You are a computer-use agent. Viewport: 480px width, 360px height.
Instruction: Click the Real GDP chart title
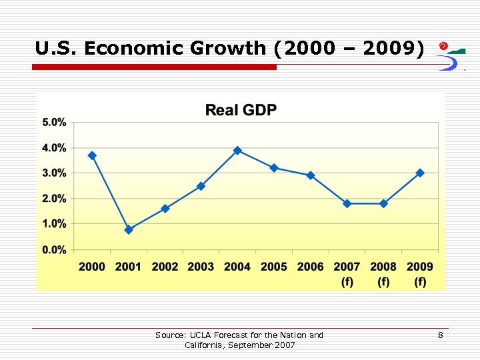tap(241, 110)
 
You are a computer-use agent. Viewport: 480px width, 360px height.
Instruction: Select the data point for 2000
tap(92, 155)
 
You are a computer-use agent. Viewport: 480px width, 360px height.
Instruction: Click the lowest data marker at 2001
tap(129, 229)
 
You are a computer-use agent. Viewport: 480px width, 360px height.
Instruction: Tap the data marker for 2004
tap(237, 151)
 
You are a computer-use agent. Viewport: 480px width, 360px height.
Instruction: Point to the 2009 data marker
tap(420, 173)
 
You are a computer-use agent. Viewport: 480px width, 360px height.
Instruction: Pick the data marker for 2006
tap(310, 175)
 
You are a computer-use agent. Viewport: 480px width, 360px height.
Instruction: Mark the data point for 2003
tap(201, 186)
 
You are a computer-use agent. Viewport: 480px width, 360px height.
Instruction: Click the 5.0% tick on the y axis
tap(54, 122)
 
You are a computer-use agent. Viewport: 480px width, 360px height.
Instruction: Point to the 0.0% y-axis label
tap(54, 249)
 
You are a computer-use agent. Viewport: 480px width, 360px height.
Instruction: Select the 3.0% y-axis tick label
tap(54, 173)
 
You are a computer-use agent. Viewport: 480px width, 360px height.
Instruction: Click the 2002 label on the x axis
tap(165, 267)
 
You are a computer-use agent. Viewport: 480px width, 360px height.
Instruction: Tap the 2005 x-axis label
tap(274, 267)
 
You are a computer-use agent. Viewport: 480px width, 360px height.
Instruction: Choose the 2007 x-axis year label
tap(347, 267)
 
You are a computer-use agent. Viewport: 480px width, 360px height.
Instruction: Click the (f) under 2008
tap(383, 281)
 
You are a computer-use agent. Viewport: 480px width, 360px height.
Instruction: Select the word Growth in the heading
tap(227, 48)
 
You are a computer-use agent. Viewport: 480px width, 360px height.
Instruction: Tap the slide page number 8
tap(440, 335)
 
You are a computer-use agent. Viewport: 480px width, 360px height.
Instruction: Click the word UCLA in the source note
tap(201, 335)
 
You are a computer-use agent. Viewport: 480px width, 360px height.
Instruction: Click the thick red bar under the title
tap(154, 67)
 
